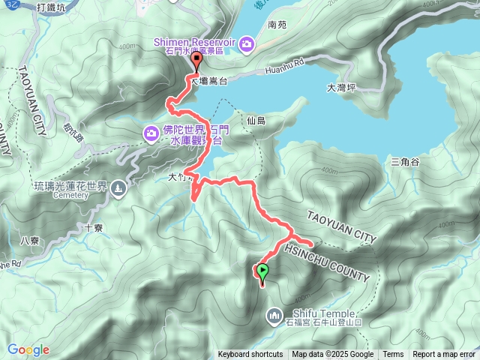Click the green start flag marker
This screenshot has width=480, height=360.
262,272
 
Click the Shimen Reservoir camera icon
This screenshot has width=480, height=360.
247,46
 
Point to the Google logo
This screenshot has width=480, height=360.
28,349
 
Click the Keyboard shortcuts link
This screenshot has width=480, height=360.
250,355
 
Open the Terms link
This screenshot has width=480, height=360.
393,355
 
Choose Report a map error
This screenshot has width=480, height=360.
445,355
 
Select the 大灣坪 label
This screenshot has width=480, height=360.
341,88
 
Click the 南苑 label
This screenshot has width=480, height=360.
277,25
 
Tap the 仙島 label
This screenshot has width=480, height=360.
255,120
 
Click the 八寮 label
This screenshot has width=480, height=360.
30,240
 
